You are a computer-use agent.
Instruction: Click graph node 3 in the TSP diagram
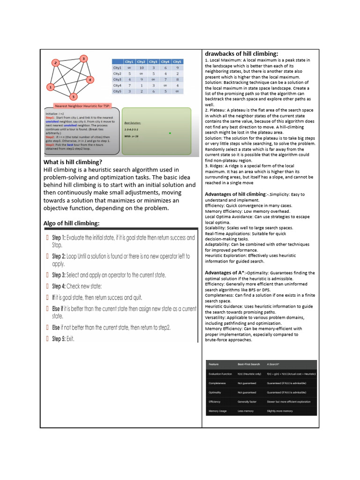(x=83, y=59)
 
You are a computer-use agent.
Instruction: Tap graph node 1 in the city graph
(x=50, y=87)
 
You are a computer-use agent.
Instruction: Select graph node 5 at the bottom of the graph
(x=73, y=97)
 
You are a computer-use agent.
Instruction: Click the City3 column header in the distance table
(x=153, y=61)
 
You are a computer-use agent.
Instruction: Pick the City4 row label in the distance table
(x=117, y=86)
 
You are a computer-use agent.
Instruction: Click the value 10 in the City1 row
(x=141, y=67)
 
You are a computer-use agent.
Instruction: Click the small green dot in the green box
(x=170, y=133)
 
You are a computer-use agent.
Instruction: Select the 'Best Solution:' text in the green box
(x=133, y=122)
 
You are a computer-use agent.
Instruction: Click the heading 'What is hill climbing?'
(x=73, y=162)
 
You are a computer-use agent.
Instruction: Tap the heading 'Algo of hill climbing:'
(x=71, y=223)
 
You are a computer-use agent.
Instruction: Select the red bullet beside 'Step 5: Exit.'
(x=47, y=338)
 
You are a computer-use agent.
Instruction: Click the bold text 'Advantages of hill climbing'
(x=235, y=194)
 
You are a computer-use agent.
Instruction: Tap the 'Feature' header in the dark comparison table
(x=213, y=363)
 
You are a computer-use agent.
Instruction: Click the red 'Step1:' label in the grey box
(x=51, y=117)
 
